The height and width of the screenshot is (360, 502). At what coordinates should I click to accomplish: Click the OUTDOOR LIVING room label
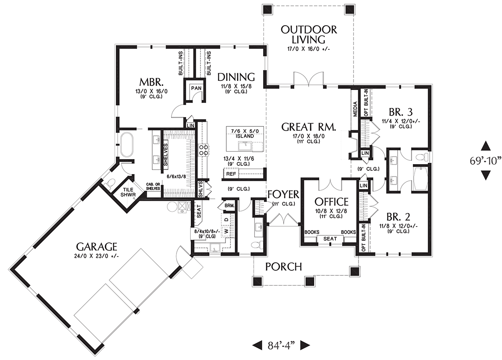309,35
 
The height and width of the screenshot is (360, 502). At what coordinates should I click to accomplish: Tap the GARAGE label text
97,247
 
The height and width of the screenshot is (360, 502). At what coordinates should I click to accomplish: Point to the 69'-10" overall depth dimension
485,160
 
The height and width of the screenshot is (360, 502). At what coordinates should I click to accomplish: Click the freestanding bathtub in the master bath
127,145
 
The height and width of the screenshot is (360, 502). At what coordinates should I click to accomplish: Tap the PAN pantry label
196,88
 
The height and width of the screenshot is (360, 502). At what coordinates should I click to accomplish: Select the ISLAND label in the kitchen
245,136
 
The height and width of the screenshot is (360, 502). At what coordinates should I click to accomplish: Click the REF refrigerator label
231,174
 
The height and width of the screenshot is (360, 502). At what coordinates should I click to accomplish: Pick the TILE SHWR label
128,192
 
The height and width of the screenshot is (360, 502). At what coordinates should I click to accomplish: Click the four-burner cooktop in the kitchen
203,150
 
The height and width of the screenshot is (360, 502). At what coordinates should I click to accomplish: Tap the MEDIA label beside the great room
355,109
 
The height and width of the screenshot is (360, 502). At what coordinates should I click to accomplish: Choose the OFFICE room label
331,202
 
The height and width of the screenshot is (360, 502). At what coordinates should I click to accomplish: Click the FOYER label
283,195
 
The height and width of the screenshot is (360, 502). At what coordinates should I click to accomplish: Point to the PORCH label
284,267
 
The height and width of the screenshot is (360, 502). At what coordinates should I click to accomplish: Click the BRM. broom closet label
230,206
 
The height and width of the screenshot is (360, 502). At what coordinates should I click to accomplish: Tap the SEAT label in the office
330,239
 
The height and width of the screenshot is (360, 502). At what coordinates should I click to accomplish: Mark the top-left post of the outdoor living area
268,10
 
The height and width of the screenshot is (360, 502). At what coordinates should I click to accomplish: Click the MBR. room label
151,82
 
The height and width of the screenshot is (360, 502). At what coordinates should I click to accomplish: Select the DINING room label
236,77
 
